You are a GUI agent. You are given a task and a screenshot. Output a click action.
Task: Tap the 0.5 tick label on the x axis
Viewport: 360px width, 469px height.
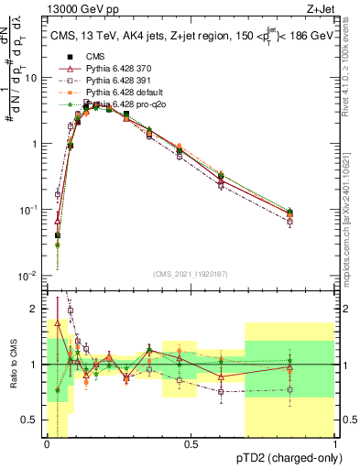click(191, 443)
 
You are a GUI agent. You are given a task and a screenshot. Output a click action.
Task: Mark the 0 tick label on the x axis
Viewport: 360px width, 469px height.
click(47, 443)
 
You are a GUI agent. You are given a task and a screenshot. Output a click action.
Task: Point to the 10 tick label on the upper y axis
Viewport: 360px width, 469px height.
click(31, 78)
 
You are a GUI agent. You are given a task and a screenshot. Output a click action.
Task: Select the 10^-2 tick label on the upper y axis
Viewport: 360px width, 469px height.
click(29, 276)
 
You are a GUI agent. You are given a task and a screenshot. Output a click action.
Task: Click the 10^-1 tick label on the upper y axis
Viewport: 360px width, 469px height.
click(29, 210)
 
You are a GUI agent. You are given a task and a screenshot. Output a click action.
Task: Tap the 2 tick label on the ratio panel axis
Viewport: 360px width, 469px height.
click(35, 309)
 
